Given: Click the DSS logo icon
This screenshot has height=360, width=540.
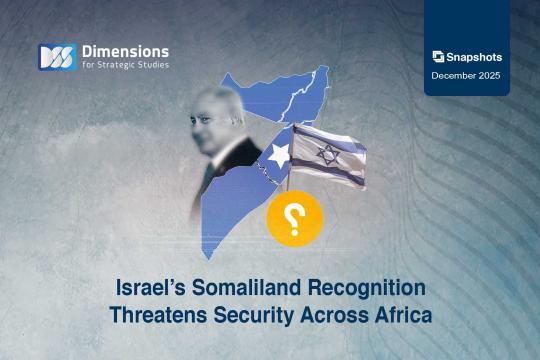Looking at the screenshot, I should [56, 57].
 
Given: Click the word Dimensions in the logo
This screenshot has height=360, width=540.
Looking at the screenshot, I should [125, 50].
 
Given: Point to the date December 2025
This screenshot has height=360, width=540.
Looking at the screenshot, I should [468, 76].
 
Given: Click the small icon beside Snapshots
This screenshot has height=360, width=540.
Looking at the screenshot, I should [438, 57].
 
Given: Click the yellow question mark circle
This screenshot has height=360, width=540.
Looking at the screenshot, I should [295, 217].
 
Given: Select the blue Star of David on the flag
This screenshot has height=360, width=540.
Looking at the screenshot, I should [327, 154].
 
